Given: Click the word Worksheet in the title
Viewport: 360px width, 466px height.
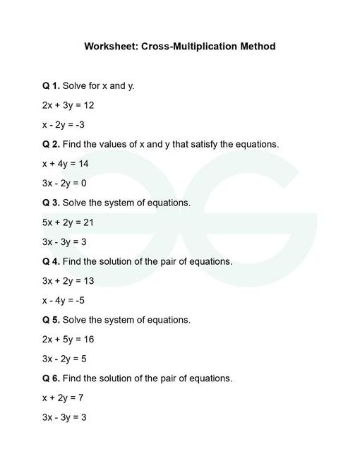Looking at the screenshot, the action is [x=110, y=47].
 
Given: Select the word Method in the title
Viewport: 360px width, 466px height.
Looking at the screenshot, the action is [x=256, y=47].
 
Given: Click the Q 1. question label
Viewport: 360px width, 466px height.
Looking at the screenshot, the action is [x=51, y=85].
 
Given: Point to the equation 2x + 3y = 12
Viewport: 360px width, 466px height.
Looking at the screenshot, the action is [x=68, y=105].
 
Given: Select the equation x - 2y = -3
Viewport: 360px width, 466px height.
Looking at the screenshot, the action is [x=64, y=125].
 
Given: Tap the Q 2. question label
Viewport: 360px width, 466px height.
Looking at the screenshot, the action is [x=51, y=144].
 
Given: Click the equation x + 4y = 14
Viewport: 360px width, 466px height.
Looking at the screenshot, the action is [x=65, y=164].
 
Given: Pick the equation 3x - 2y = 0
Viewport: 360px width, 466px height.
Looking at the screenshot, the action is [x=64, y=184].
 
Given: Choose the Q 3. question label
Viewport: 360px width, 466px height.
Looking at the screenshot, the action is [x=51, y=203].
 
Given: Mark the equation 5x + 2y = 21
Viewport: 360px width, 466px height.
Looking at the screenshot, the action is [x=68, y=222].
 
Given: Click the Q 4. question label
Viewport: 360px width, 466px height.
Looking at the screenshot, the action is [x=51, y=261].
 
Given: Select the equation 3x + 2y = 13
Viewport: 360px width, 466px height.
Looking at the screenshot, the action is [x=68, y=281].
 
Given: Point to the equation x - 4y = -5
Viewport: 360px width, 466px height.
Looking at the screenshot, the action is [x=64, y=300].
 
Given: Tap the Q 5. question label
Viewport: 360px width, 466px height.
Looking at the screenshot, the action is [x=51, y=320].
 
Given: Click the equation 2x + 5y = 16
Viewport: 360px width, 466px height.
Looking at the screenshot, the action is [x=68, y=340].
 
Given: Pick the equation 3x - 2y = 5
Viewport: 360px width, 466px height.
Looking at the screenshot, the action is [x=64, y=359].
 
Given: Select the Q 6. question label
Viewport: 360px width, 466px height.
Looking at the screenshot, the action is [x=51, y=378].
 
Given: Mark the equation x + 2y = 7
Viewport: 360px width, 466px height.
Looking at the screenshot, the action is [x=63, y=398].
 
